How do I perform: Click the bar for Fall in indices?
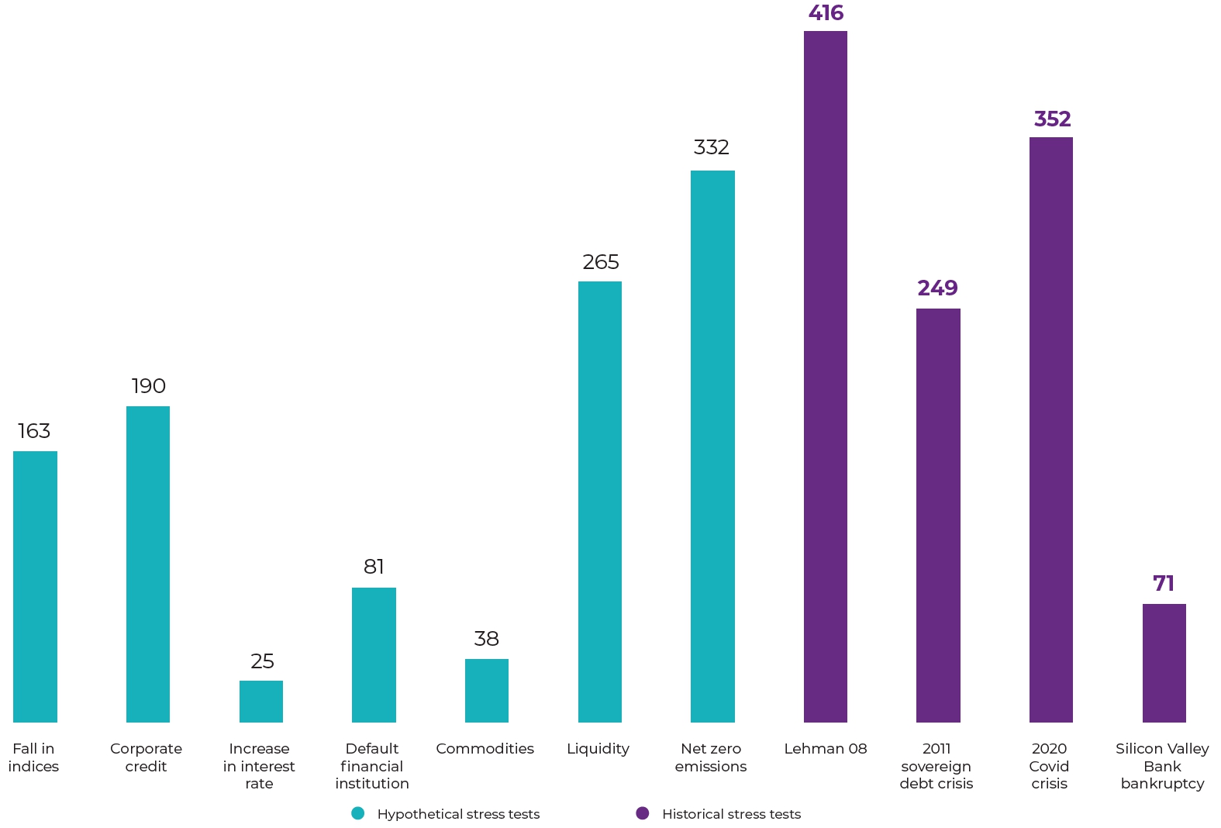pyautogui.click(x=35, y=586)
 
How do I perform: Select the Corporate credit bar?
pyautogui.click(x=148, y=564)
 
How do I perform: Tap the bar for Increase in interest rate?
pyautogui.click(x=261, y=701)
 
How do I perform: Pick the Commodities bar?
pyautogui.click(x=487, y=690)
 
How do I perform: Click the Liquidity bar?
pyautogui.click(x=600, y=502)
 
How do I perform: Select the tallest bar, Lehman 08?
pyautogui.click(x=826, y=376)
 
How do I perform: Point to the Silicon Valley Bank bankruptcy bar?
pyautogui.click(x=1164, y=663)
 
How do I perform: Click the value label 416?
pyautogui.click(x=826, y=13)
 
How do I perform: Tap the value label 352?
pyautogui.click(x=1052, y=119)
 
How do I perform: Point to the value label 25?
pyautogui.click(x=262, y=661)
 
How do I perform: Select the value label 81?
pyautogui.click(x=374, y=567)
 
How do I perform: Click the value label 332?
pyautogui.click(x=712, y=147)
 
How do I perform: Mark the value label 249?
pyautogui.click(x=937, y=288)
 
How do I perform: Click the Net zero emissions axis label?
pyautogui.click(x=711, y=757)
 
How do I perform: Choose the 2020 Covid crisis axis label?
pyautogui.click(x=1050, y=766)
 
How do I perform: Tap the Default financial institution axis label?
pyautogui.click(x=372, y=766)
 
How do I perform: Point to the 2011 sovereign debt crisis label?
pyautogui.click(x=936, y=766)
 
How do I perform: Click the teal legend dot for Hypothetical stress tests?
pyautogui.click(x=357, y=813)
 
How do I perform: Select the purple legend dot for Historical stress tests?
pyautogui.click(x=643, y=813)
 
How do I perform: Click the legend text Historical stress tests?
pyautogui.click(x=731, y=814)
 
